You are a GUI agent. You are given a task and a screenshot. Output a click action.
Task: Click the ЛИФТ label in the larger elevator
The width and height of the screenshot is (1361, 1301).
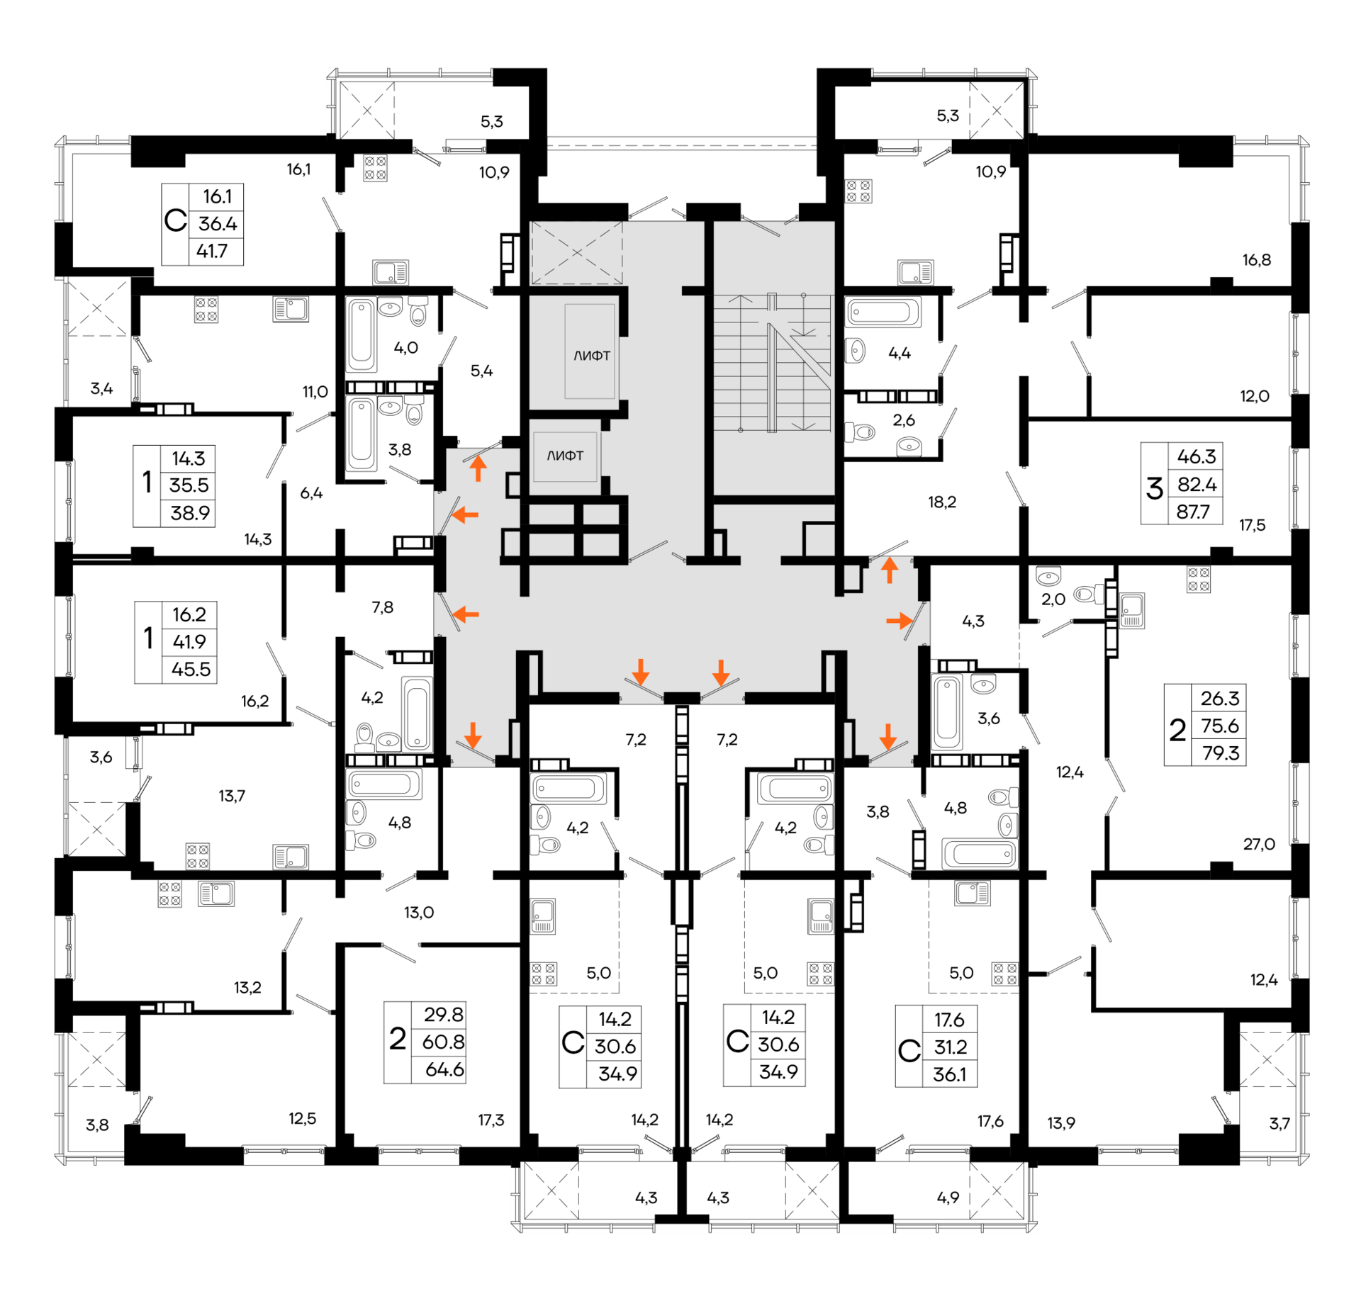click(x=592, y=356)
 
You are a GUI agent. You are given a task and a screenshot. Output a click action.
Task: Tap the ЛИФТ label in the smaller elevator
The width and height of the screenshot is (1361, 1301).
click(x=565, y=456)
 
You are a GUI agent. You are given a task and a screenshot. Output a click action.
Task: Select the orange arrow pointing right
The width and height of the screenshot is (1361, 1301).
click(x=900, y=621)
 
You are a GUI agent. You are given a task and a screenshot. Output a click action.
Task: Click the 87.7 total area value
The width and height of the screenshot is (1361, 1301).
click(x=1193, y=512)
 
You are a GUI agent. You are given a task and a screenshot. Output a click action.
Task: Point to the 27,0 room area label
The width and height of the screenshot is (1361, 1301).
click(x=1259, y=844)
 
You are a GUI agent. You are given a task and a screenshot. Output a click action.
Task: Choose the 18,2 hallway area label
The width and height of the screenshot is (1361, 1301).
click(x=942, y=502)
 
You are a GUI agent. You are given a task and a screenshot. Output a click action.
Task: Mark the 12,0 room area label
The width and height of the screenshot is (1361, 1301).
click(x=1255, y=396)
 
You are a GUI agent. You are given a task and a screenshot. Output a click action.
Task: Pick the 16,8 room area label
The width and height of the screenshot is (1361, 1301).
click(x=1257, y=260)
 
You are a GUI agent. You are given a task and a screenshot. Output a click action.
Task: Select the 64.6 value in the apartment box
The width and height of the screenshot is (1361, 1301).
click(x=444, y=1069)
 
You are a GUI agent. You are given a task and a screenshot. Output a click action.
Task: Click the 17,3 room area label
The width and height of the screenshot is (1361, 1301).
click(x=491, y=1120)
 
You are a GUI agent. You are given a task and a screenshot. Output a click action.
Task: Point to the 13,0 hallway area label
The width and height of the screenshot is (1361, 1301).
click(x=419, y=913)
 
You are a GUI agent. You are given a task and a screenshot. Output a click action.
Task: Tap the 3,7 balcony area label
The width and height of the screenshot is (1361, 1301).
click(x=1279, y=1123)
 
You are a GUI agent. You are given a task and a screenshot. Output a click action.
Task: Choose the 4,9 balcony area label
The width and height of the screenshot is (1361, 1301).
click(x=948, y=1198)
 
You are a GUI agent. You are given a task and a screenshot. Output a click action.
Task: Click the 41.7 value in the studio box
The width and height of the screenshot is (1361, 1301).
click(x=212, y=251)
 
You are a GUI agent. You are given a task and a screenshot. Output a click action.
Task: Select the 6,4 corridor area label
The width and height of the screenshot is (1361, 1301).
click(x=311, y=492)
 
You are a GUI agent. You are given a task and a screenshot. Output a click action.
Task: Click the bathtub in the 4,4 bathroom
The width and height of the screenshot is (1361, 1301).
click(x=883, y=312)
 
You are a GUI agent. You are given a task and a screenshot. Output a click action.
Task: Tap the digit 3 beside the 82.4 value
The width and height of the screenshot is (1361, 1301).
click(x=1155, y=488)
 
